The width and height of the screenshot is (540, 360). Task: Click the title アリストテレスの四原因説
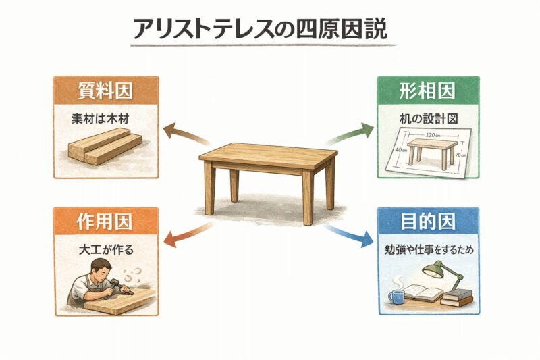coord(260,29)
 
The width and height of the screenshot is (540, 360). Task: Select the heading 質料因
coord(105,91)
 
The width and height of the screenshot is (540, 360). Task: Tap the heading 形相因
coord(427,91)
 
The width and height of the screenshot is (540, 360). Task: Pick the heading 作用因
coord(105,221)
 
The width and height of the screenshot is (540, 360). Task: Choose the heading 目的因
coord(428,221)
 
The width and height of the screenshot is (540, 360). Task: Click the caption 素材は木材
coord(100,119)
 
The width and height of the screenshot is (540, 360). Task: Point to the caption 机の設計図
coord(429,119)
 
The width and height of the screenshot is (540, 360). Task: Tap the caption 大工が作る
coord(106,250)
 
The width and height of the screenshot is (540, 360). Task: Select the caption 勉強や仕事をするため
coord(429,250)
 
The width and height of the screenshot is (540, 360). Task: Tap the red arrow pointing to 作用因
coord(188,234)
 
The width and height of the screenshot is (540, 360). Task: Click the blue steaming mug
coord(397,297)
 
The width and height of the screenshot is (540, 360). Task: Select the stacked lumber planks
coord(105,146)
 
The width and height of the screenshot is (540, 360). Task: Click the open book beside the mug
coord(423,293)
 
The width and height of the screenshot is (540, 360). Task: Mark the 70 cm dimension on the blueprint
coord(460,155)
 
